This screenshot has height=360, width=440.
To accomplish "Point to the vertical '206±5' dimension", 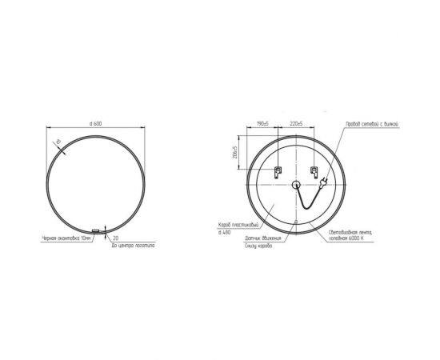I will click(x=233, y=151).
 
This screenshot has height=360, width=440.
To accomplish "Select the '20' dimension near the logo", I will click(x=116, y=238).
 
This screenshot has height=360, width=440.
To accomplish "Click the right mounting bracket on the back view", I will click(x=314, y=172).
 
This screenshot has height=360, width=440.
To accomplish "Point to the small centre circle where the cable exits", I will click(x=296, y=186).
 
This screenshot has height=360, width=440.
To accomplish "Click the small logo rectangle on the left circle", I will click(x=96, y=232).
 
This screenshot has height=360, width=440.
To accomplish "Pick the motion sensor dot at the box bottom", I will click(x=296, y=222).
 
